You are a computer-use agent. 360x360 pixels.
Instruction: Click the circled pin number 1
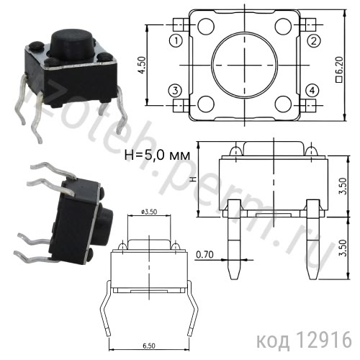point(175,40)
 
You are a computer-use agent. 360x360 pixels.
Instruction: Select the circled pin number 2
point(313,40)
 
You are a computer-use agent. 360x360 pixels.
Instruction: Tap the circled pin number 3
point(175,91)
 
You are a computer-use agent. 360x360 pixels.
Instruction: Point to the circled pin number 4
point(312,91)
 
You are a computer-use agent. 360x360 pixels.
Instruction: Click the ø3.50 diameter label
point(149,211)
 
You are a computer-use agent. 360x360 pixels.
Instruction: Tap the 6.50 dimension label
point(148,346)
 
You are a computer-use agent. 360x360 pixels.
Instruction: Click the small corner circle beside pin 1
point(206,29)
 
